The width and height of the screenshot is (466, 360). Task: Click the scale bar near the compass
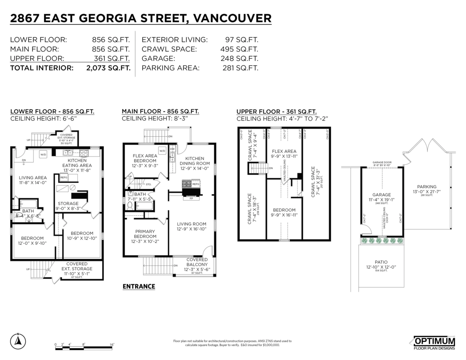coord(84,348)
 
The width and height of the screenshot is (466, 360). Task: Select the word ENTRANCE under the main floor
coord(139,287)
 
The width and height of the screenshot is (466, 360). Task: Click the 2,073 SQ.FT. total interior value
coord(108,68)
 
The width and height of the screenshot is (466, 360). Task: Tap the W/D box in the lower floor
coord(43,155)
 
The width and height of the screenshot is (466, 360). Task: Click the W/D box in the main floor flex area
coord(162,150)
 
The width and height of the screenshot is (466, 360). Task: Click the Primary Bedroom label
coord(144,234)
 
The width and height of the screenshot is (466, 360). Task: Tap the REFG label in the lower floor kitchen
coord(64,177)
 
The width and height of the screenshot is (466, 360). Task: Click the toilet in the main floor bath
coord(130,205)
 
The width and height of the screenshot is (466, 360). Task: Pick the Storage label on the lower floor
coord(68,203)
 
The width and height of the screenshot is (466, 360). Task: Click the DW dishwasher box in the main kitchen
coord(173,149)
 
